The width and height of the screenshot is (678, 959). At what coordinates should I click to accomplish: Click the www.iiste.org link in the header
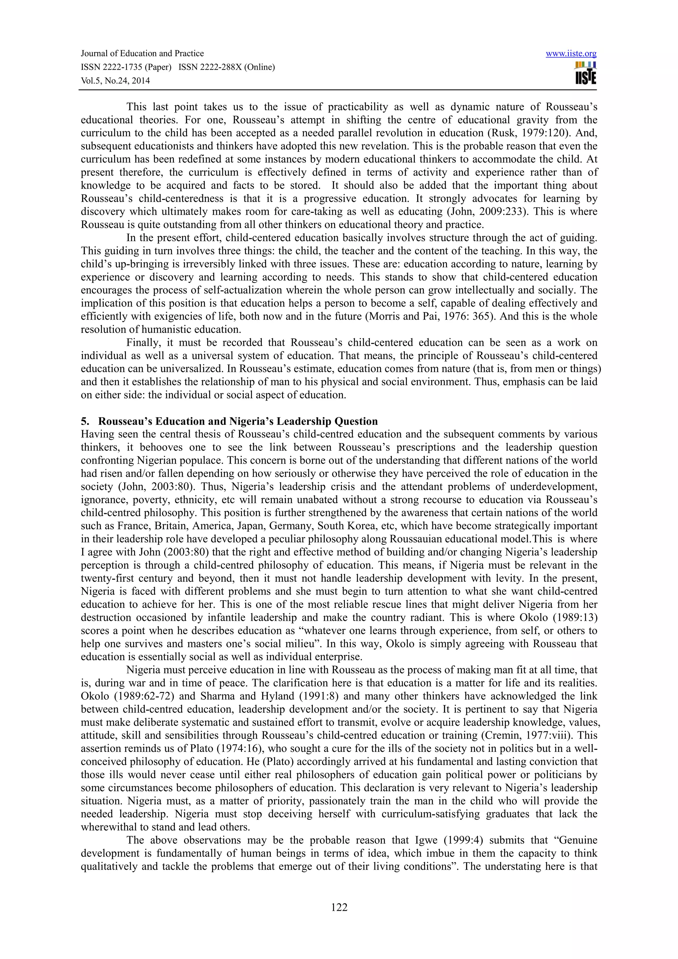click(571, 54)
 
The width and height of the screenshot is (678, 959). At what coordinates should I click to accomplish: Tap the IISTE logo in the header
click(586, 73)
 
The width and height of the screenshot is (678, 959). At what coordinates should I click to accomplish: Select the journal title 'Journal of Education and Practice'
click(142, 54)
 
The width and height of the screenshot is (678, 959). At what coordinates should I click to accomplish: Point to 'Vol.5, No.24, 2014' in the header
click(115, 81)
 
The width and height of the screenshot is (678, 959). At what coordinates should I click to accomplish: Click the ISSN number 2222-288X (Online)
click(227, 67)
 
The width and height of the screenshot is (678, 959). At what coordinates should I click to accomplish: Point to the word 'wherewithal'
click(106, 827)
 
